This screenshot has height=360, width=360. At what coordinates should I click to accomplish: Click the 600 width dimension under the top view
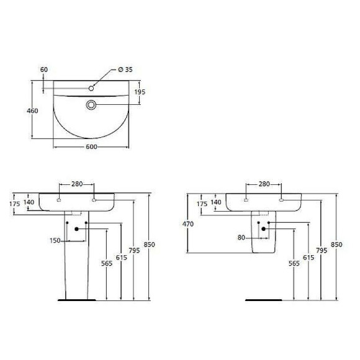click(x=91, y=146)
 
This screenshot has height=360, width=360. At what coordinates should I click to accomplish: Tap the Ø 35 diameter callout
click(x=125, y=69)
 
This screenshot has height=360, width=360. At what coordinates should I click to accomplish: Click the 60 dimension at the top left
click(x=43, y=70)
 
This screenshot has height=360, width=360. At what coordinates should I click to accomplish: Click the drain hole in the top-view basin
click(x=91, y=105)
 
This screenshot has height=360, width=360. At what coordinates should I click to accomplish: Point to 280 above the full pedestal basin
click(x=77, y=184)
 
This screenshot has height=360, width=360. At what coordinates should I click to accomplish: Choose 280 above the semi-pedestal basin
click(x=264, y=184)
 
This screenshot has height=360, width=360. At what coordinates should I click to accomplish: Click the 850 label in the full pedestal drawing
click(x=149, y=244)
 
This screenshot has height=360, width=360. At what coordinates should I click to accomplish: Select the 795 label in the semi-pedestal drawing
click(x=321, y=250)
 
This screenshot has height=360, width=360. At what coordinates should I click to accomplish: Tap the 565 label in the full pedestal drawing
click(x=107, y=263)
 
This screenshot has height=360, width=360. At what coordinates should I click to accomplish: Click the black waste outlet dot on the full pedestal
click(x=77, y=229)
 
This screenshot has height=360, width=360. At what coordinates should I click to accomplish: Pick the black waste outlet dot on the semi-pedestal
click(x=263, y=228)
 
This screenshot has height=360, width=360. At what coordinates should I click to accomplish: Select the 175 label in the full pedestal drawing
click(x=15, y=203)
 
